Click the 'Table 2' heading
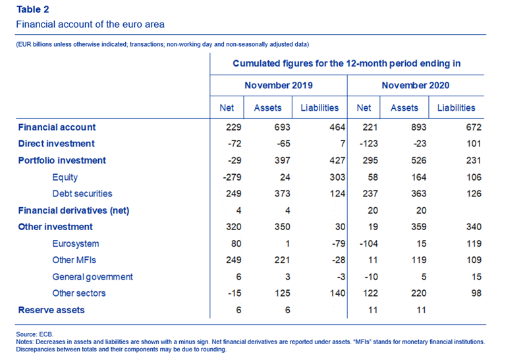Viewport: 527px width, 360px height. [32, 9]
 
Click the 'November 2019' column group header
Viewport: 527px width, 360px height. [279, 85]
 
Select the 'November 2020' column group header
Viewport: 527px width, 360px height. [416, 85]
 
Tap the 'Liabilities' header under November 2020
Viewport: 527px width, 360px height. [456, 107]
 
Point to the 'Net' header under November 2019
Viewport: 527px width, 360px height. [227, 107]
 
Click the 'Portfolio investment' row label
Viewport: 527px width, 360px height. [62, 160]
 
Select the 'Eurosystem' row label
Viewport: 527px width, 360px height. [76, 243]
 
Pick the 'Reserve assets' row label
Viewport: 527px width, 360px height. [51, 310]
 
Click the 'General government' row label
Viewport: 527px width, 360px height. [92, 277]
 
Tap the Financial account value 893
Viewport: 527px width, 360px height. [418, 127]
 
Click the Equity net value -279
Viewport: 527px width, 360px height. [233, 177]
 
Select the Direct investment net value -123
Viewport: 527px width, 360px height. [369, 144]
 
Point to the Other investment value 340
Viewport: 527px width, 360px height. [474, 227]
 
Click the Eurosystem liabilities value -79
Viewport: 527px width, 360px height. [339, 243]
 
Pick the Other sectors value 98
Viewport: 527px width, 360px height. [476, 293]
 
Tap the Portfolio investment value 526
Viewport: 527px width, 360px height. [418, 160]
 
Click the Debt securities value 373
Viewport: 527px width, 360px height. [283, 193]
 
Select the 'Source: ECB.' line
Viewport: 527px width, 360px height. [35, 334]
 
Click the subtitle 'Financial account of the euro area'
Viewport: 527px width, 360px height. [90, 24]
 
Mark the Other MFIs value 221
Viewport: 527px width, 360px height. [283, 260]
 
